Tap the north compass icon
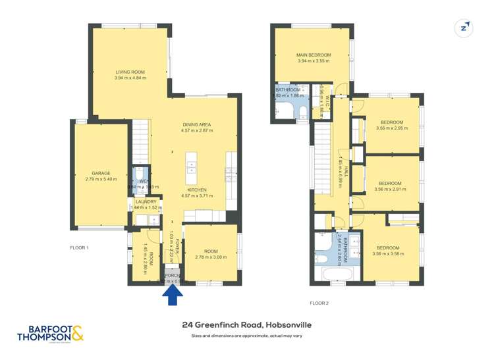464,28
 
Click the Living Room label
130,72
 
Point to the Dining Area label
196,124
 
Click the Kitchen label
196,190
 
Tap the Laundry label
146,201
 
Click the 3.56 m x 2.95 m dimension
387,128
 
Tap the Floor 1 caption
80,247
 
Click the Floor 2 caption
319,303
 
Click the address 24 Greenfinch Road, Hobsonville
246,324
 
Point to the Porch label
172,276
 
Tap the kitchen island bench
192,168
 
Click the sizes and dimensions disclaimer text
246,336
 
